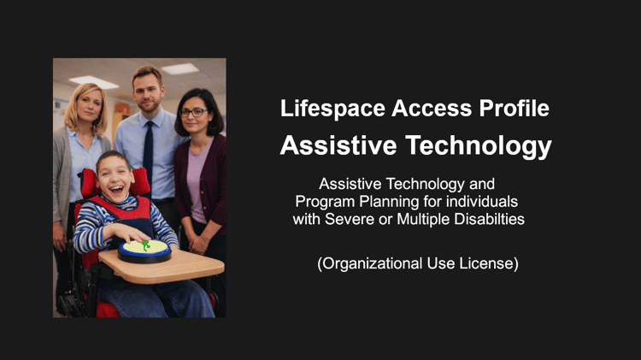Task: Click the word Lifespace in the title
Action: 332,109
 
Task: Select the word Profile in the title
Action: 515,108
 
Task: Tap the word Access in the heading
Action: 432,108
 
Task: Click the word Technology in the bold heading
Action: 479,146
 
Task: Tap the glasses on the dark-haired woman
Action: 193,112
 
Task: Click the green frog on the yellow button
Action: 145,245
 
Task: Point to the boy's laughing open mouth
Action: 116,189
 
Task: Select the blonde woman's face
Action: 89,106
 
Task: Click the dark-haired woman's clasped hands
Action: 199,244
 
